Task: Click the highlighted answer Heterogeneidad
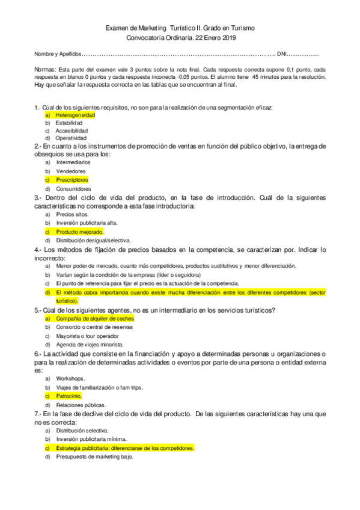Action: pos(75,114)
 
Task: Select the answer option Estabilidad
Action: pos(69,122)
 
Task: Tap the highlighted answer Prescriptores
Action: pos(72,180)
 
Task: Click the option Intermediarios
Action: pos(73,162)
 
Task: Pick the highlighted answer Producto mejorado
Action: pos(80,232)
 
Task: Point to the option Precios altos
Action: pos(72,214)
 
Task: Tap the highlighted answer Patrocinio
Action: pos(69,396)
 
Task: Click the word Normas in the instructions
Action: pos(46,69)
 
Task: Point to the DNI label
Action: pos(284,54)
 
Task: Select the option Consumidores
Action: pos(73,189)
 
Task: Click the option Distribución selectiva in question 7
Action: pos(82,431)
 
